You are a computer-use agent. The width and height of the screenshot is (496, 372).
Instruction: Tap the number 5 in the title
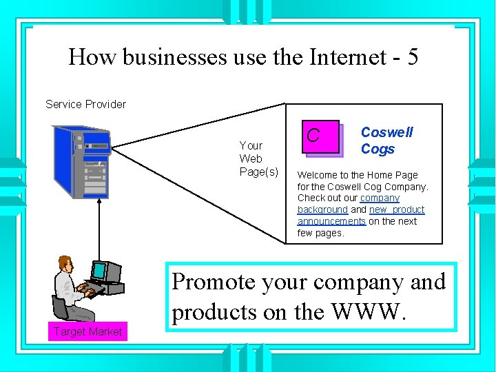tap(412, 56)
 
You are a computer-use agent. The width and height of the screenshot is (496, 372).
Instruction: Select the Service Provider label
tap(85, 104)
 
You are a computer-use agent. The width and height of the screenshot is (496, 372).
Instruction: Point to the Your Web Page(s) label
tap(258, 158)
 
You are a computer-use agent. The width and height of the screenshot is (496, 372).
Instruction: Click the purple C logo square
tap(318, 136)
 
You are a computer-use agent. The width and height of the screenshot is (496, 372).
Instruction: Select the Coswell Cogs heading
tap(386, 141)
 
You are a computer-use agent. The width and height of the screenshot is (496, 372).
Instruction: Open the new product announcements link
tap(397, 209)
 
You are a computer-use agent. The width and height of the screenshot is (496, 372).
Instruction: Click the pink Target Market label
tap(88, 331)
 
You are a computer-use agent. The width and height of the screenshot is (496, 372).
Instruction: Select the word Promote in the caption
tap(213, 282)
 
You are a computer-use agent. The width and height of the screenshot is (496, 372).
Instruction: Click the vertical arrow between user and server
tap(99, 227)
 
